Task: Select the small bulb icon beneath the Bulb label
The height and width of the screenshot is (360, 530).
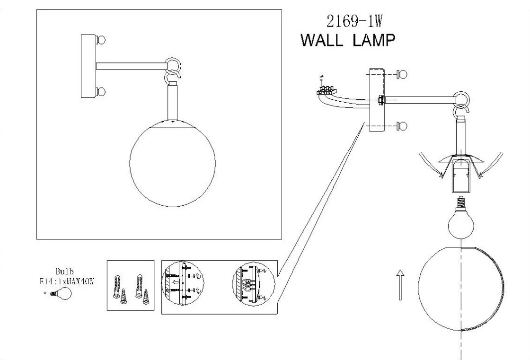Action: tap(62, 293)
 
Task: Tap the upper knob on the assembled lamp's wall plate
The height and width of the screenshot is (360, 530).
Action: tap(101, 40)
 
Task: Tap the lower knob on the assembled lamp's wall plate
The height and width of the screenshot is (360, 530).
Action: tap(101, 91)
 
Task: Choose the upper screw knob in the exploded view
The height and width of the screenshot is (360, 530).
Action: tap(403, 74)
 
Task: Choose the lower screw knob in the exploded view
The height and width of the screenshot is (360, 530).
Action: tap(403, 125)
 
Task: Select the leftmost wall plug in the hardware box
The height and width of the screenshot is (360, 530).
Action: tap(116, 286)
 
